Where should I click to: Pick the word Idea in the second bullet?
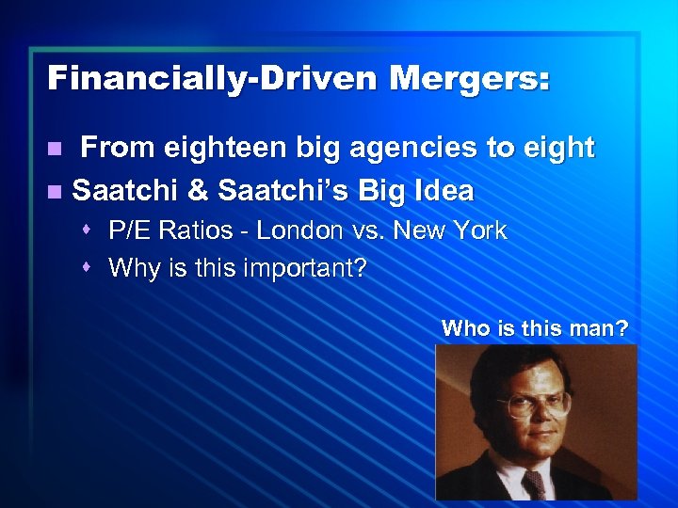pyautogui.click(x=442, y=191)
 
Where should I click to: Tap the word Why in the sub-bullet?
pyautogui.click(x=131, y=269)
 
